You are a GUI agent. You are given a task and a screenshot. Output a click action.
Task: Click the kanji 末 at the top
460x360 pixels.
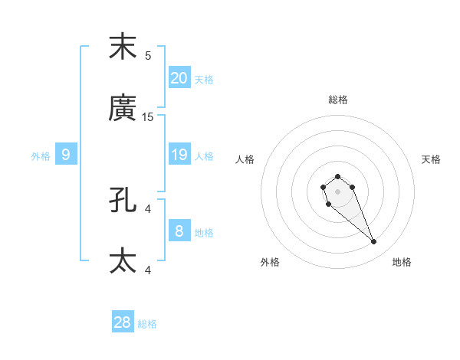(x=123, y=47)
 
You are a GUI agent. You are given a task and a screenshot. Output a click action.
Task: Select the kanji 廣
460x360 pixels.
(x=123, y=110)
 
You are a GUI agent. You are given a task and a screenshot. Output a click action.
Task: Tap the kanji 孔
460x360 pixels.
(x=123, y=201)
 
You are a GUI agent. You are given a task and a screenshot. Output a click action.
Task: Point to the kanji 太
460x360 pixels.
(x=123, y=261)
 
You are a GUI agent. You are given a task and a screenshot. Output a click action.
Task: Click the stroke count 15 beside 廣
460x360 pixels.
(x=148, y=117)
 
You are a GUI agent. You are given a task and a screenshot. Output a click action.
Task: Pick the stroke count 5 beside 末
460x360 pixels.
(x=148, y=55)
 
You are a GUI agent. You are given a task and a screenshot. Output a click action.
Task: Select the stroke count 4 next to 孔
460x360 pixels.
(x=148, y=208)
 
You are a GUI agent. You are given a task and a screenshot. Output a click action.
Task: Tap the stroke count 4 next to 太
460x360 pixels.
(x=148, y=270)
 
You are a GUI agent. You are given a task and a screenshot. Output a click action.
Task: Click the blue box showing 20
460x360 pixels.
(x=179, y=78)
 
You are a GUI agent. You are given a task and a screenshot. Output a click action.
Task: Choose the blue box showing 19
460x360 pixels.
(x=179, y=155)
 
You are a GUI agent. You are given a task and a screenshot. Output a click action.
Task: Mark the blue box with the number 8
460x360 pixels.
(x=179, y=231)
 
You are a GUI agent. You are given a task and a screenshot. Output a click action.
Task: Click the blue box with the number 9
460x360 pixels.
(x=66, y=155)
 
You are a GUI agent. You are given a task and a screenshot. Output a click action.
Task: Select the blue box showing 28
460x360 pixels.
(x=123, y=322)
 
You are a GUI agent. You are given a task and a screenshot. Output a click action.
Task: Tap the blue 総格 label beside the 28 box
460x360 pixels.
(x=147, y=324)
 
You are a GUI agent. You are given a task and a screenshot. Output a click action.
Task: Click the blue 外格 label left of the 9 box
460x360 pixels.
(x=41, y=156)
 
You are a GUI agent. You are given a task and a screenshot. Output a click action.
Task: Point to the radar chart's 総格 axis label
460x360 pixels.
(x=338, y=100)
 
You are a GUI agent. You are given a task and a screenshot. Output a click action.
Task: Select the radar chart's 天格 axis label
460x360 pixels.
(x=432, y=159)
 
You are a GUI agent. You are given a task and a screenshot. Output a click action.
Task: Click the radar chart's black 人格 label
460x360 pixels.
(x=245, y=159)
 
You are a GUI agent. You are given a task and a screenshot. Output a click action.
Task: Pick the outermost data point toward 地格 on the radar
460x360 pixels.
(x=374, y=242)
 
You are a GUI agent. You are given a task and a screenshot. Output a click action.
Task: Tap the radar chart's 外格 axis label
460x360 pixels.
(x=270, y=262)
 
